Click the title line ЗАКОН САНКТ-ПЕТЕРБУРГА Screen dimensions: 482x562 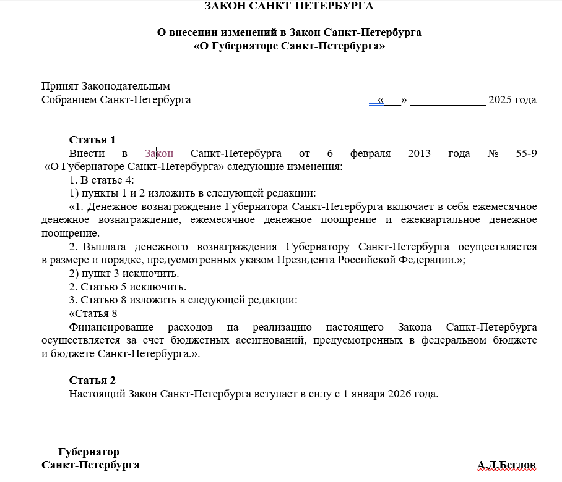click(x=289, y=7)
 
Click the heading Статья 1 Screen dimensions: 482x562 click(x=92, y=140)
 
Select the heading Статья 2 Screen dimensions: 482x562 click(x=92, y=380)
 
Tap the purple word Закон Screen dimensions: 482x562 click(x=158, y=153)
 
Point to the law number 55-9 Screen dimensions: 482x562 click(x=525, y=153)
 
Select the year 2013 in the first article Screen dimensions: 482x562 click(x=420, y=153)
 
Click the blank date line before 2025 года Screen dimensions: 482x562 click(x=447, y=100)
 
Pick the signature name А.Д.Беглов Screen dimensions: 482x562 click(x=506, y=465)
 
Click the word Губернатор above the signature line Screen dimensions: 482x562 click(x=89, y=452)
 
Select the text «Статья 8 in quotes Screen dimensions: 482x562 click(x=93, y=313)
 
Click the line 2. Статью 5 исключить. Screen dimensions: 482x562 click(x=128, y=287)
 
